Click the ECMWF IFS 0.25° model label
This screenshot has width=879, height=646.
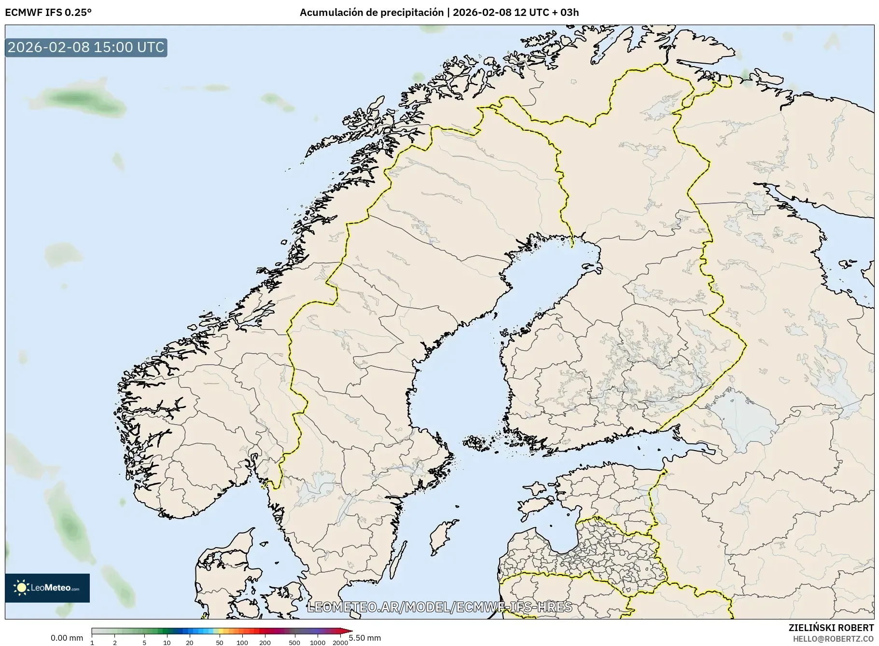tap(48, 12)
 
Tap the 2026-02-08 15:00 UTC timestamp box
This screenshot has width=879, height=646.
tap(86, 47)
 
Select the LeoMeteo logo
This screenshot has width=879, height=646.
tap(47, 588)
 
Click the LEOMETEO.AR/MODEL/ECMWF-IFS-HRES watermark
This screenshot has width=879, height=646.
tap(439, 607)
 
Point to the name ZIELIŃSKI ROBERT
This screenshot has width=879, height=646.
tap(831, 628)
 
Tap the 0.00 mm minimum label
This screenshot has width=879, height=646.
tap(67, 638)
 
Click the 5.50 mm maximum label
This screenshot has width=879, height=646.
tap(365, 638)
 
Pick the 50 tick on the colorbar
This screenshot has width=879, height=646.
tap(220, 642)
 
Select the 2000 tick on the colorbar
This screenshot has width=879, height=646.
tap(340, 642)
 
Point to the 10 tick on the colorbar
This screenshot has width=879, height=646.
tap(167, 642)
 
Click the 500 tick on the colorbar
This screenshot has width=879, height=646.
tap(294, 642)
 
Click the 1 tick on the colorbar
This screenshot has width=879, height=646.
tap(92, 642)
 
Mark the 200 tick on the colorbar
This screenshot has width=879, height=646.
tap(265, 642)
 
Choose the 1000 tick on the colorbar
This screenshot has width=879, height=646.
tap(318, 642)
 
